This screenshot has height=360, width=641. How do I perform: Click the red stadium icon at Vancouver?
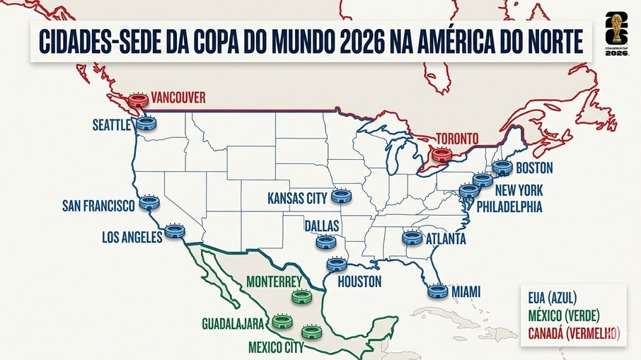(139, 100)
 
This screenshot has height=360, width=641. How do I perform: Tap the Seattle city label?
(112, 125)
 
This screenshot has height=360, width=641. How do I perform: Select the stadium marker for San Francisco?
(149, 203)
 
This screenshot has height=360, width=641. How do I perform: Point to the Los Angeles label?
(132, 238)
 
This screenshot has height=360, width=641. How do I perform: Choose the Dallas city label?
(322, 226)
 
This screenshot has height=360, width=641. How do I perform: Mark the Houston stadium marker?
(337, 265)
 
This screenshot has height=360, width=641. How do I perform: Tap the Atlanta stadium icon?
(412, 238)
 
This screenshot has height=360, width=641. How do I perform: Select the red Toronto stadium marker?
(441, 155)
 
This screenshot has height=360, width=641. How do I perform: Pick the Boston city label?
(534, 169)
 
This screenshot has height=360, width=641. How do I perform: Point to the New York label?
(519, 191)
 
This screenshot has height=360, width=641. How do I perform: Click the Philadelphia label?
(509, 208)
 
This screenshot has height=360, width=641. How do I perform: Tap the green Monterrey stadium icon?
(301, 297)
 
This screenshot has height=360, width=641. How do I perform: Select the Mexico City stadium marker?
(311, 331)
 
